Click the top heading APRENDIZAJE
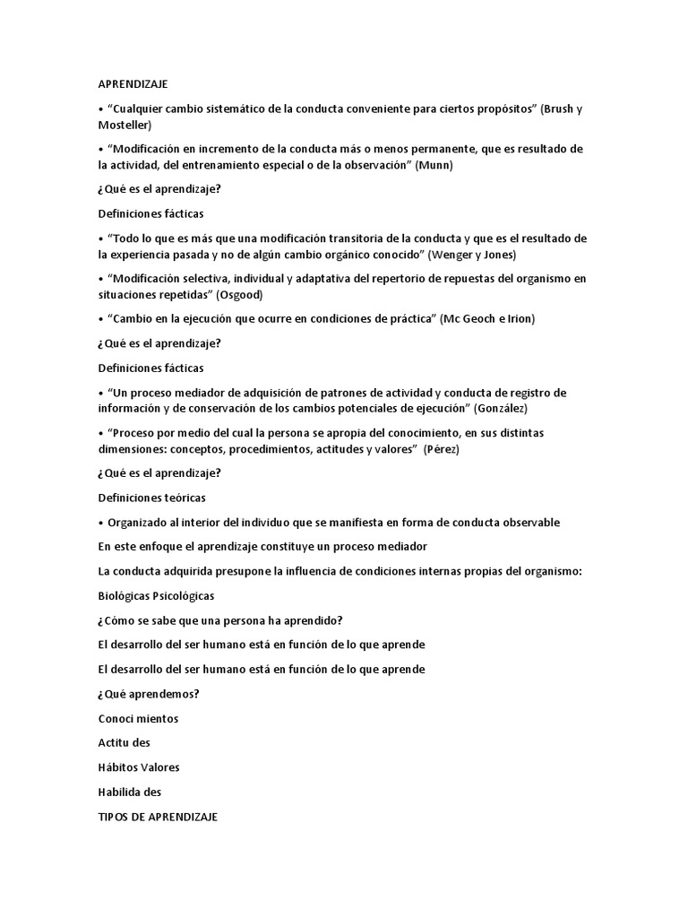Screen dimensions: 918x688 pyautogui.click(x=139, y=84)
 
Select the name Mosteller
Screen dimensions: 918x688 pyautogui.click(x=125, y=125)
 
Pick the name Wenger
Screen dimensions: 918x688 pyautogui.click(x=457, y=254)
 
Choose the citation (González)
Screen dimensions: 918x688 pyautogui.click(x=482, y=408)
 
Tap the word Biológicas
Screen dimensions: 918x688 pyautogui.click(x=124, y=595)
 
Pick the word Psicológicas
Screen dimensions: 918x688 pyautogui.click(x=184, y=595)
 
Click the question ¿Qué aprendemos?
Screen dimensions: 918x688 pyautogui.click(x=148, y=693)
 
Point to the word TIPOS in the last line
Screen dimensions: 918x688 pyautogui.click(x=113, y=817)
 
